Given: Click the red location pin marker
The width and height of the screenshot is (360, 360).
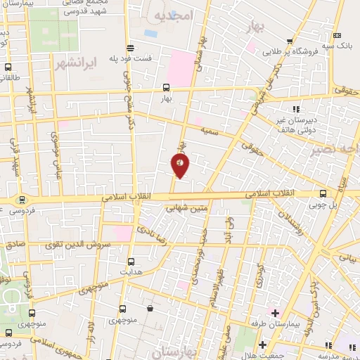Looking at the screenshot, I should (x=181, y=166).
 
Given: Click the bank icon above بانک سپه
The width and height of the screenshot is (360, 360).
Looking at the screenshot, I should (x=338, y=35).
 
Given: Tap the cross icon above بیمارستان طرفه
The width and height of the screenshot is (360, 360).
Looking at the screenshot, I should (x=274, y=311).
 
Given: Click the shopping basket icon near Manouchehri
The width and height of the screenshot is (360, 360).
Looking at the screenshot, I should (x=150, y=308).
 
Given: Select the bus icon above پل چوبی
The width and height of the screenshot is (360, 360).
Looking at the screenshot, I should (x=323, y=193).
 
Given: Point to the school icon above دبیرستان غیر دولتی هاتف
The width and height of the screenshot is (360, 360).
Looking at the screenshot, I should (x=296, y=109).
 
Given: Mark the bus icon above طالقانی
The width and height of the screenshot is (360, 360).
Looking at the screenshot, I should (x=8, y=68).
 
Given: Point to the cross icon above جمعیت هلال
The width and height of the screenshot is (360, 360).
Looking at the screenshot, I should (x=262, y=345).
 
